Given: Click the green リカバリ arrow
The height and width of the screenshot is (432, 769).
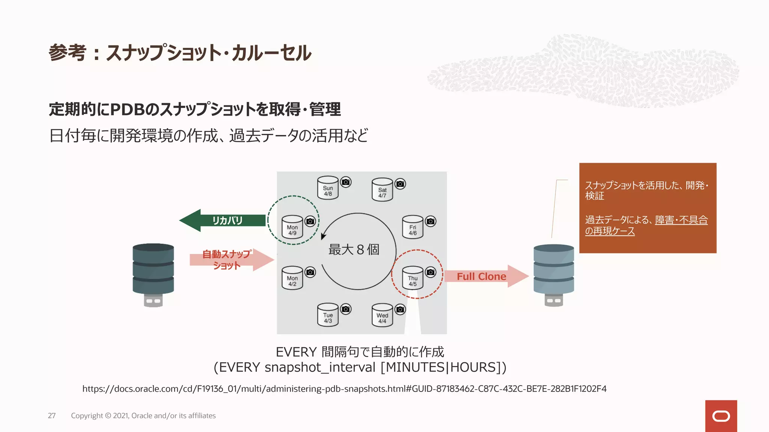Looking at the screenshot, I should click(x=225, y=220).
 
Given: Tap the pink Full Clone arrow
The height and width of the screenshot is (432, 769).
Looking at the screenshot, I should click(x=484, y=276).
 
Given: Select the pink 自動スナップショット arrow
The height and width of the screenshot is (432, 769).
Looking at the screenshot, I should click(x=229, y=259).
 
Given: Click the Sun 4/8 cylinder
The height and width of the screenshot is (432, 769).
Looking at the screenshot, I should click(x=328, y=188).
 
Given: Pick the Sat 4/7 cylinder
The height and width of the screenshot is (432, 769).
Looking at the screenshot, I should click(x=382, y=190).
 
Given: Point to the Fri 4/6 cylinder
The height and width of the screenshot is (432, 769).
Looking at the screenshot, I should click(x=413, y=227).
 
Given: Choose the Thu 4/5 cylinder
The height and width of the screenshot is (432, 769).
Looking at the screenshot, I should click(x=413, y=278).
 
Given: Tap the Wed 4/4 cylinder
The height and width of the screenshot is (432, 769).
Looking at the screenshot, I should click(x=382, y=315).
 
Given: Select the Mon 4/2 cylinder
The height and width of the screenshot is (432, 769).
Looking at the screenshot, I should click(x=292, y=278).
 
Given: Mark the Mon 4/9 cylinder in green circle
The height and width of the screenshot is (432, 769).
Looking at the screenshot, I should click(x=292, y=227).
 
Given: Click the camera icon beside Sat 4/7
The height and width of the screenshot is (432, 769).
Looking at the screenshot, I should click(x=401, y=184).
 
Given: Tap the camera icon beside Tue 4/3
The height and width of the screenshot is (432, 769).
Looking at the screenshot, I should click(x=346, y=309).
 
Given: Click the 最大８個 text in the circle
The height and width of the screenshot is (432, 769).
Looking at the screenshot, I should click(x=354, y=249).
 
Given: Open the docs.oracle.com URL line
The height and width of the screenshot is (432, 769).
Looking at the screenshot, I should click(x=344, y=389).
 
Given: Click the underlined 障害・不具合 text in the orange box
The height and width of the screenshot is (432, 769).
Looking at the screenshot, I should click(x=681, y=220).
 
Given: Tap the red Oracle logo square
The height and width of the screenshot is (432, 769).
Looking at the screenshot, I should click(x=721, y=416).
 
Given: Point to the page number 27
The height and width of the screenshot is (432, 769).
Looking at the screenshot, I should click(x=52, y=415).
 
